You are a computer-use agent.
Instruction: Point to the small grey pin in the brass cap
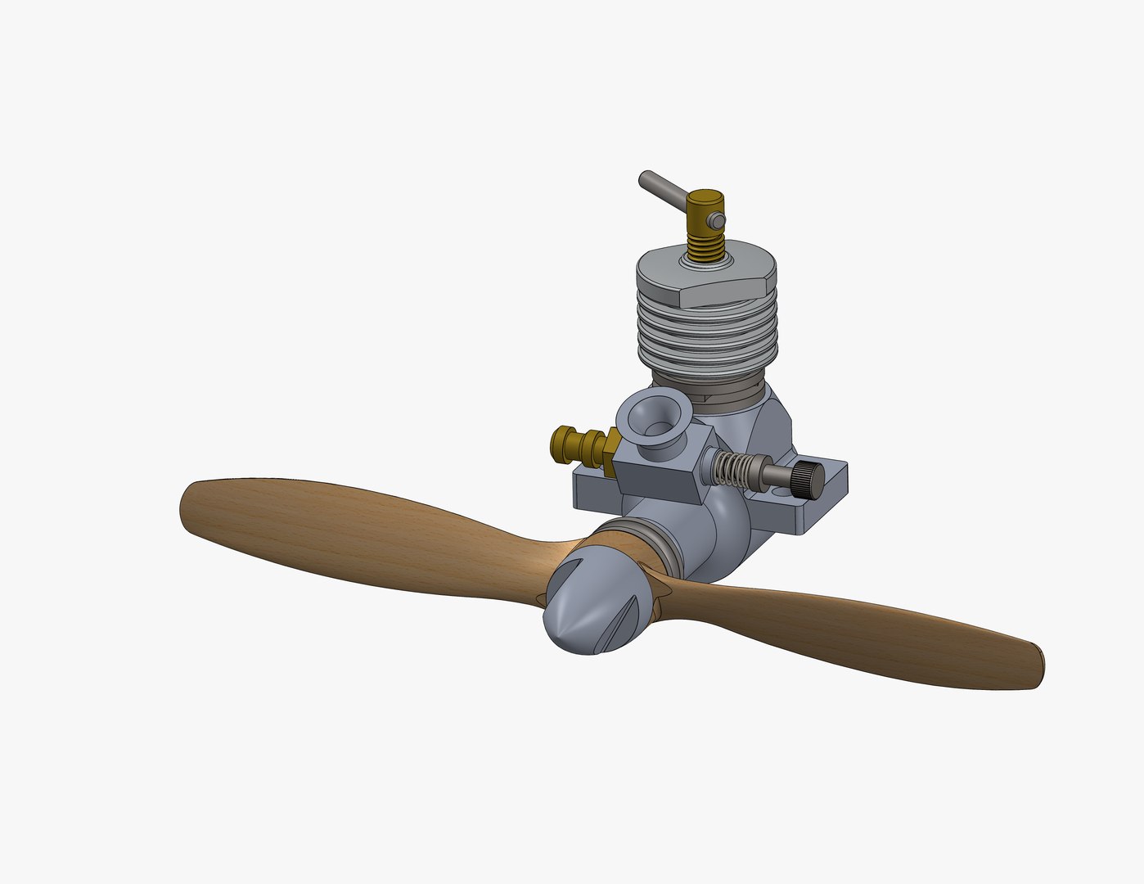(x=717, y=220)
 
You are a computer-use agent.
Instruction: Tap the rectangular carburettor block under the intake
(x=657, y=479)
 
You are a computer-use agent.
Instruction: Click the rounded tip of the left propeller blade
(x=187, y=507)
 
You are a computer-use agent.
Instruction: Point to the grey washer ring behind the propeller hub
(x=659, y=545)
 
